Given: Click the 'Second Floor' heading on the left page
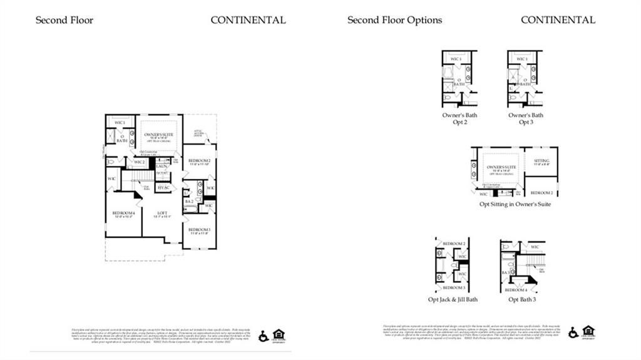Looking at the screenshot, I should tap(64, 20).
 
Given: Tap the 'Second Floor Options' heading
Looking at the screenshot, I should tap(394, 20).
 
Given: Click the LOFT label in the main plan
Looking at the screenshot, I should tap(163, 213).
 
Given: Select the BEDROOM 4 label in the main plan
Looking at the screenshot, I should tap(123, 213).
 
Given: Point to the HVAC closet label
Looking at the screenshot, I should tap(163, 188).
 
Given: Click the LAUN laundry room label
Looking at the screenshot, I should tap(162, 165).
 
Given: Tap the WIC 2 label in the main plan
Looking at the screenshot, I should tap(138, 163).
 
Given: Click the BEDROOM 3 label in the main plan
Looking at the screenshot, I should tap(199, 229).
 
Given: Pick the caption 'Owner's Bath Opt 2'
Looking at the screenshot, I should tap(459, 118).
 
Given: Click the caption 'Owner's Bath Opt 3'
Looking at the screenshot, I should tap(525, 118).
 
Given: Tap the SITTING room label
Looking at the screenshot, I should tap(541, 161).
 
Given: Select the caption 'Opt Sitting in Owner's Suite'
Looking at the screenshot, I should tap(515, 205).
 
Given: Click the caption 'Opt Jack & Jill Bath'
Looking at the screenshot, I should tap(453, 299).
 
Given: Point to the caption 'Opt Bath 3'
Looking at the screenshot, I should tap(521, 299).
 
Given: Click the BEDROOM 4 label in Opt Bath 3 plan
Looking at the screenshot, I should tap(516, 290).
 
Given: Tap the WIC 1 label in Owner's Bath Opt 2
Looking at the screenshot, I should tap(456, 59).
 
